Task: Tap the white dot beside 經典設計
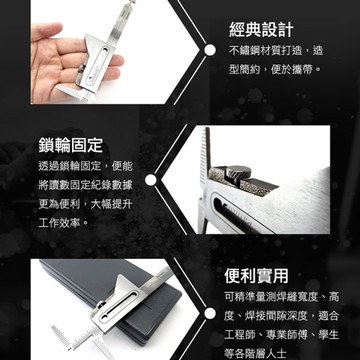pyautogui.click(x=217, y=47)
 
